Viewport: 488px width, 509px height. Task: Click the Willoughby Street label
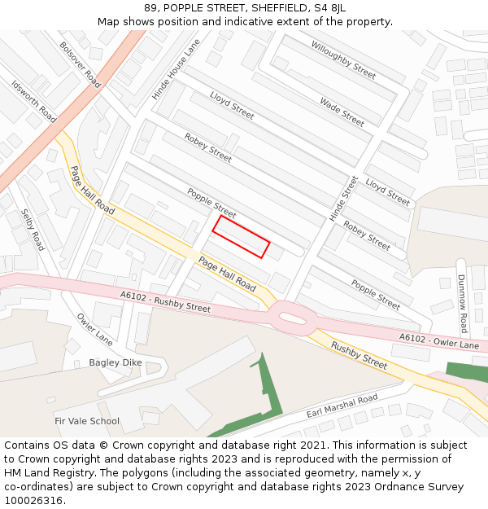pos(343,59)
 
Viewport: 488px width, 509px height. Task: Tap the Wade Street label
pos(342,112)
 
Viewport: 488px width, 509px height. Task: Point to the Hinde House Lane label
pos(176,70)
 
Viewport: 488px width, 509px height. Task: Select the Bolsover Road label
pos(80,64)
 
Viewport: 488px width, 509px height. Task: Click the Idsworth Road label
pos(33,101)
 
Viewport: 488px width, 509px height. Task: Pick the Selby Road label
pos(32,230)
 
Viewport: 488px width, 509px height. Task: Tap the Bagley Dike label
pos(115,362)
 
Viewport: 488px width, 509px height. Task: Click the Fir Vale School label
pos(87,421)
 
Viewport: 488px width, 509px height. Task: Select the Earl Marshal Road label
pos(342,406)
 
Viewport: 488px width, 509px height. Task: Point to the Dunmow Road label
pos(463,303)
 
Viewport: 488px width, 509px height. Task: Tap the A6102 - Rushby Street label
pos(165,302)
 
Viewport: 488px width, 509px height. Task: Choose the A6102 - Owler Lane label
pos(438,340)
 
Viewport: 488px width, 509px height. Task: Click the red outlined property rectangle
pos(241,237)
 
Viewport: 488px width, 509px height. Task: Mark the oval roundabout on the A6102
pos(290,317)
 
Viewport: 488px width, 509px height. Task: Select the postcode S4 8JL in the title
pos(329,7)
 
